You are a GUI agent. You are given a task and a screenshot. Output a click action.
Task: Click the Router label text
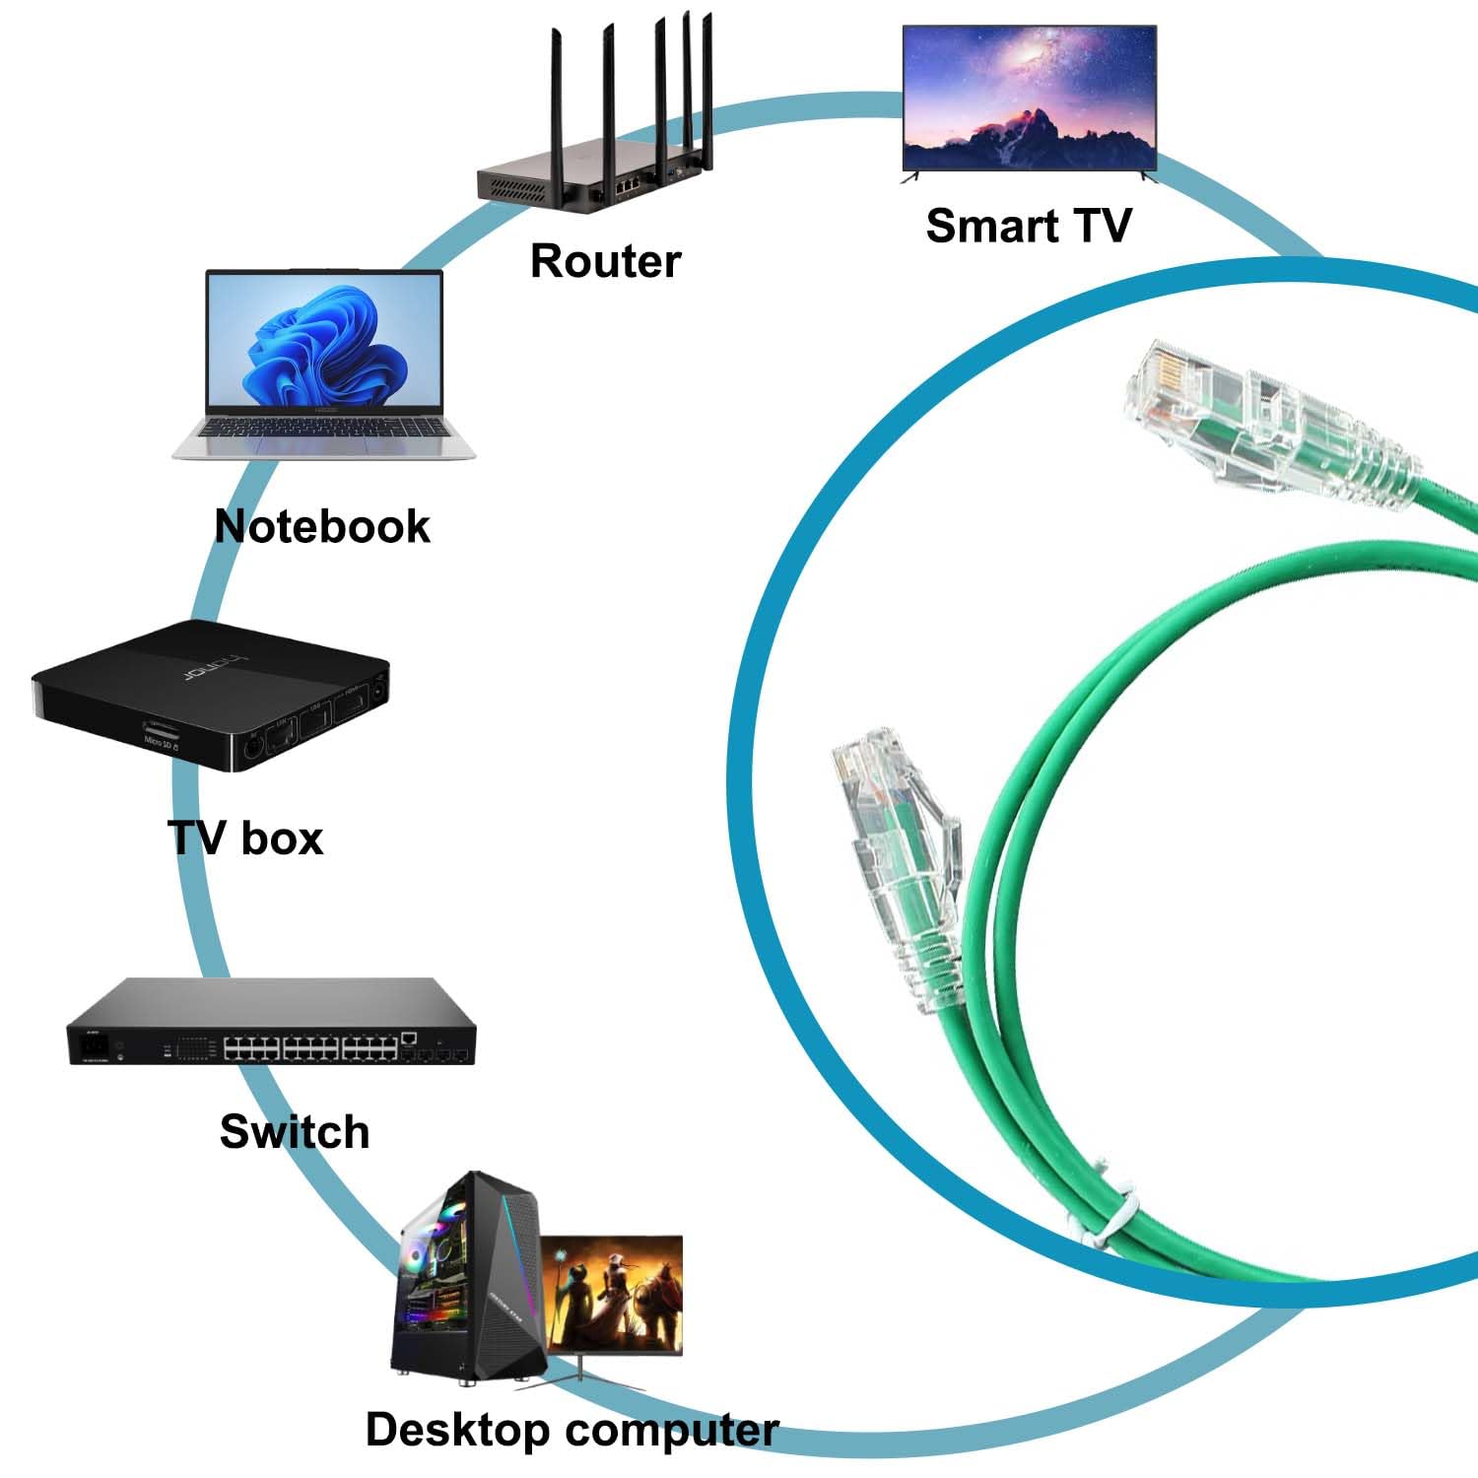(x=605, y=261)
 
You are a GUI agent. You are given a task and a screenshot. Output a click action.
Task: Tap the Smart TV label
(x=1028, y=226)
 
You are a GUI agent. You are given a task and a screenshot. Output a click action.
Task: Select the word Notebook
(x=322, y=526)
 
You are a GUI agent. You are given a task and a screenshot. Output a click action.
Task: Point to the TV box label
(x=246, y=839)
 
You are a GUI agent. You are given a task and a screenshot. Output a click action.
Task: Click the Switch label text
(x=295, y=1131)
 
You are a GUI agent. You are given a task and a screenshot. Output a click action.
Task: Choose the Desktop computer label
(x=571, y=1430)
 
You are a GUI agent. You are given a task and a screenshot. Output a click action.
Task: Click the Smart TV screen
(x=1029, y=99)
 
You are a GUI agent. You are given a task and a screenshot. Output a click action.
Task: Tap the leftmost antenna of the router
(x=555, y=99)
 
